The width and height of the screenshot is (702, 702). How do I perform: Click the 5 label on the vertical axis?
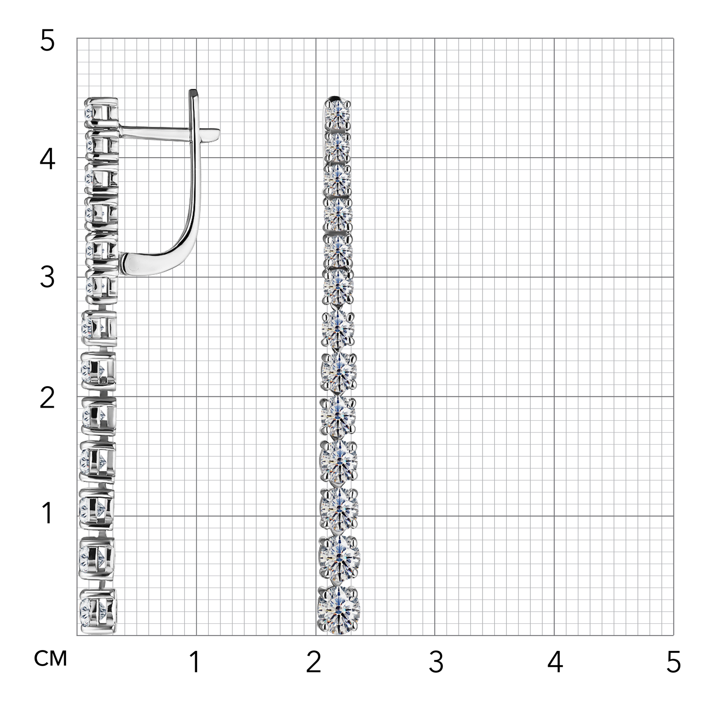tap(47, 41)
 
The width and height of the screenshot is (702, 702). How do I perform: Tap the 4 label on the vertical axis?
tap(47, 159)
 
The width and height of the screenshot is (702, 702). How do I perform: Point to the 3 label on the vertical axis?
tap(47, 278)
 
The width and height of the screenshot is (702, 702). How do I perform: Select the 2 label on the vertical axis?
tap(47, 398)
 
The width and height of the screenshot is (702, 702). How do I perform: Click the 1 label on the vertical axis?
tap(47, 513)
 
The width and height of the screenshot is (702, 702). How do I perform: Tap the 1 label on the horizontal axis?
tap(195, 662)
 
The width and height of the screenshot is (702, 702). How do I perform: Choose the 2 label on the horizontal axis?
tap(314, 662)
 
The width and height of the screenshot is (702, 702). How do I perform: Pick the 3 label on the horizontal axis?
tap(436, 662)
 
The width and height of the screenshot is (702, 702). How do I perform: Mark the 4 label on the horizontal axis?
tap(555, 662)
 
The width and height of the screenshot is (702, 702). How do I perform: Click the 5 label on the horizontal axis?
tap(673, 662)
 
